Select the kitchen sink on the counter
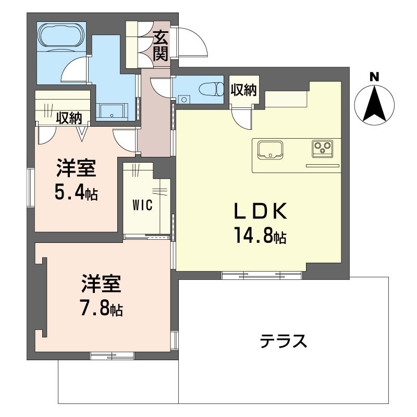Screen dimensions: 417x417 [269, 149]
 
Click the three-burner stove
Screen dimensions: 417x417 [322, 149]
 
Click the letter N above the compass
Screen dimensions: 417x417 [374, 77]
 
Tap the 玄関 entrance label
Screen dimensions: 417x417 [161, 46]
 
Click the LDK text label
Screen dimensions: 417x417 [259, 211]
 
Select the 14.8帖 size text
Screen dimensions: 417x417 [259, 237]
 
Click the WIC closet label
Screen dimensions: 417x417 [142, 205]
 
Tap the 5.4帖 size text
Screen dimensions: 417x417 [76, 193]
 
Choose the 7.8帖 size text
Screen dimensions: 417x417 [102, 309]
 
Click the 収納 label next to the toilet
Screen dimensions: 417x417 [243, 90]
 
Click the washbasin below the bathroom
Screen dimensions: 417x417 [112, 111]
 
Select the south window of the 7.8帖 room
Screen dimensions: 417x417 [112, 356]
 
